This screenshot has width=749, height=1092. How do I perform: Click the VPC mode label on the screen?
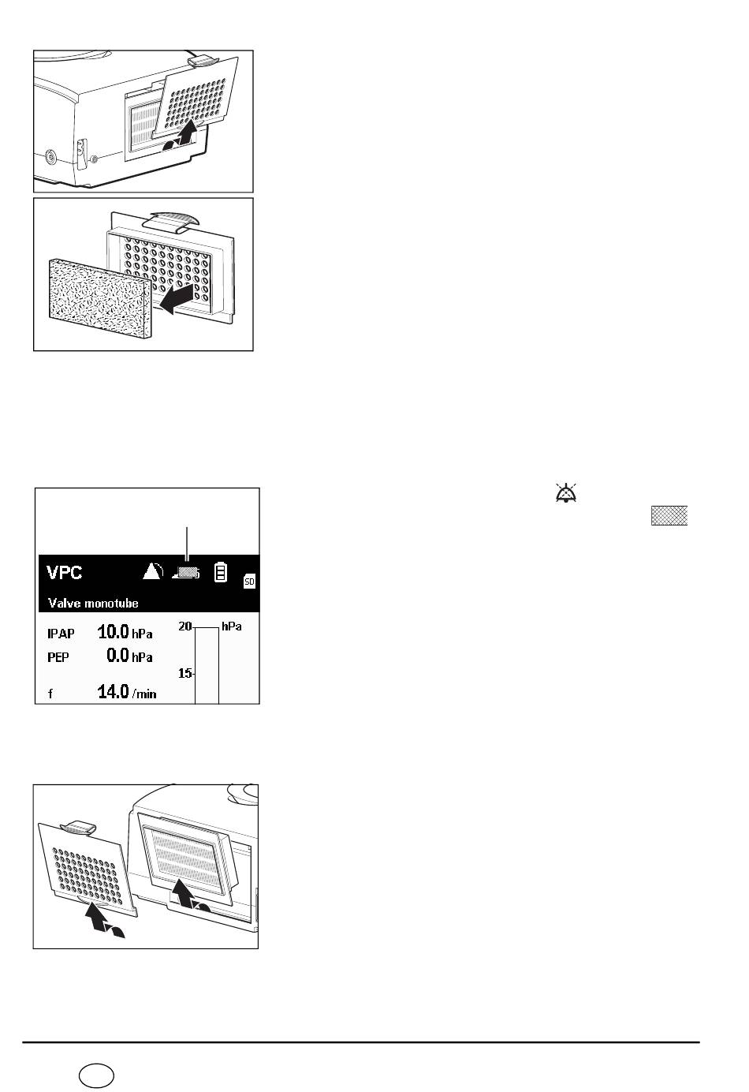tap(65, 572)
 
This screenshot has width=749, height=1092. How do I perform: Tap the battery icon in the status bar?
tap(221, 572)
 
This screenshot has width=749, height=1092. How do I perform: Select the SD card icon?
tap(249, 581)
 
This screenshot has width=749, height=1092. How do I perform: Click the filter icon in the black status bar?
tap(186, 572)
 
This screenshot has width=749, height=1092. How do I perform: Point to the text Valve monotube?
tap(93, 604)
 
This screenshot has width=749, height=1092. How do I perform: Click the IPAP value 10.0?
tap(113, 632)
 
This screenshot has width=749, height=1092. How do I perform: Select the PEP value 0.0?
tap(117, 655)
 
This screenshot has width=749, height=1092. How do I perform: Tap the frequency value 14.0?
tap(113, 692)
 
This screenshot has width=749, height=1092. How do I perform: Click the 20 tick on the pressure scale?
tap(185, 626)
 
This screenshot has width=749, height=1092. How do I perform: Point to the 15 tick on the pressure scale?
tap(185, 673)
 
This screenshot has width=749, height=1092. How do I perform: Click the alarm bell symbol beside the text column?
tap(566, 493)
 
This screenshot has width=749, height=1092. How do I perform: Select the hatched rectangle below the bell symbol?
tap(669, 516)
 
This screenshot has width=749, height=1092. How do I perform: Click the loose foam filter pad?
tap(100, 298)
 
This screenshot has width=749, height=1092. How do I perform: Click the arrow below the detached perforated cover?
tap(104, 922)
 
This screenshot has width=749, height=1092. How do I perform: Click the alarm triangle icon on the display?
tap(153, 571)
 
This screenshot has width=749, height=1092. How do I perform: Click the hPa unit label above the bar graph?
tap(232, 626)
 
